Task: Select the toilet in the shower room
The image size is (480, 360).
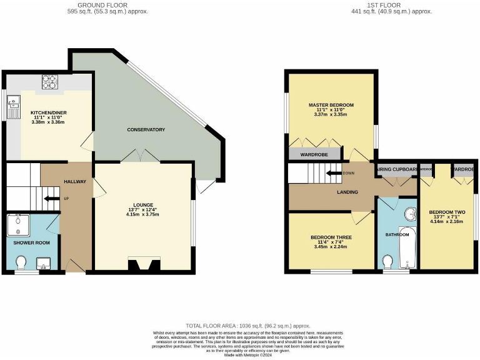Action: (x=21, y=261)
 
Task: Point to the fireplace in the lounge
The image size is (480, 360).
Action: (x=139, y=265)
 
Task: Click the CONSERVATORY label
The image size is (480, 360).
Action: (x=146, y=129)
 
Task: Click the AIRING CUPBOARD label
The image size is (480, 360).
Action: (x=397, y=169)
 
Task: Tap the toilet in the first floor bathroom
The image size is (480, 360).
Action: (x=387, y=260)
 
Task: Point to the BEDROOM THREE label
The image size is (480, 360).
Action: (x=331, y=237)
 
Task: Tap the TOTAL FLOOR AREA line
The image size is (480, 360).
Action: (x=248, y=326)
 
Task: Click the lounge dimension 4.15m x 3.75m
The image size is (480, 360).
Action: (x=142, y=214)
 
